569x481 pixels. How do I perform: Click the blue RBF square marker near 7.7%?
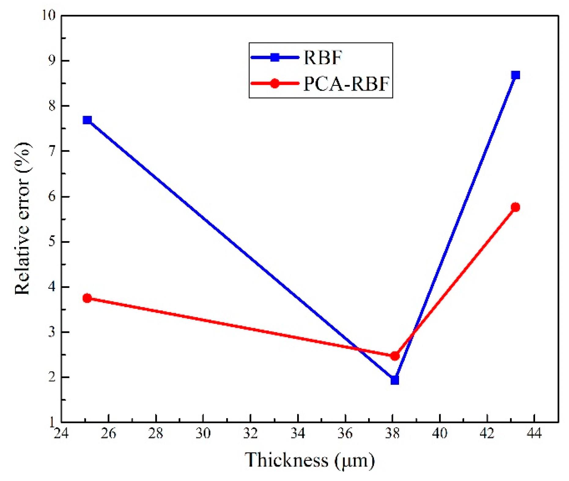[87, 120]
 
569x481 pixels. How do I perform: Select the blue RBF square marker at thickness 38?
[395, 380]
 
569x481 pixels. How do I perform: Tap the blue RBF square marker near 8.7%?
[515, 75]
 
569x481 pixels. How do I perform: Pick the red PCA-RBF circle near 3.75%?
[87, 298]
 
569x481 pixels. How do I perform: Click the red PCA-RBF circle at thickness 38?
[395, 356]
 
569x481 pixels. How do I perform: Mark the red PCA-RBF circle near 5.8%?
[515, 207]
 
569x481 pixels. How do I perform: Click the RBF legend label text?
[323, 57]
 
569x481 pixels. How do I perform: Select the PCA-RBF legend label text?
[346, 83]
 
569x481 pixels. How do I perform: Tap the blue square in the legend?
[275, 57]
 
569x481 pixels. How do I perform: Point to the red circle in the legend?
[275, 83]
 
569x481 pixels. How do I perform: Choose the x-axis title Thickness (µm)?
[309, 460]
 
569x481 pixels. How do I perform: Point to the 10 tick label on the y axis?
[49, 15]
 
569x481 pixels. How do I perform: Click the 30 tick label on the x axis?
[203, 433]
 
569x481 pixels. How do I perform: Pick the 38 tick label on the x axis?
[392, 433]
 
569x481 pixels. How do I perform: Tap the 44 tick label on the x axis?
[534, 433]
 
